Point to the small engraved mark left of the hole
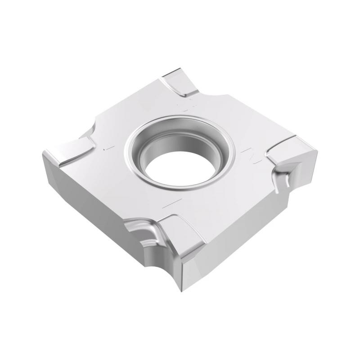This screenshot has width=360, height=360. coord(106,148)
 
